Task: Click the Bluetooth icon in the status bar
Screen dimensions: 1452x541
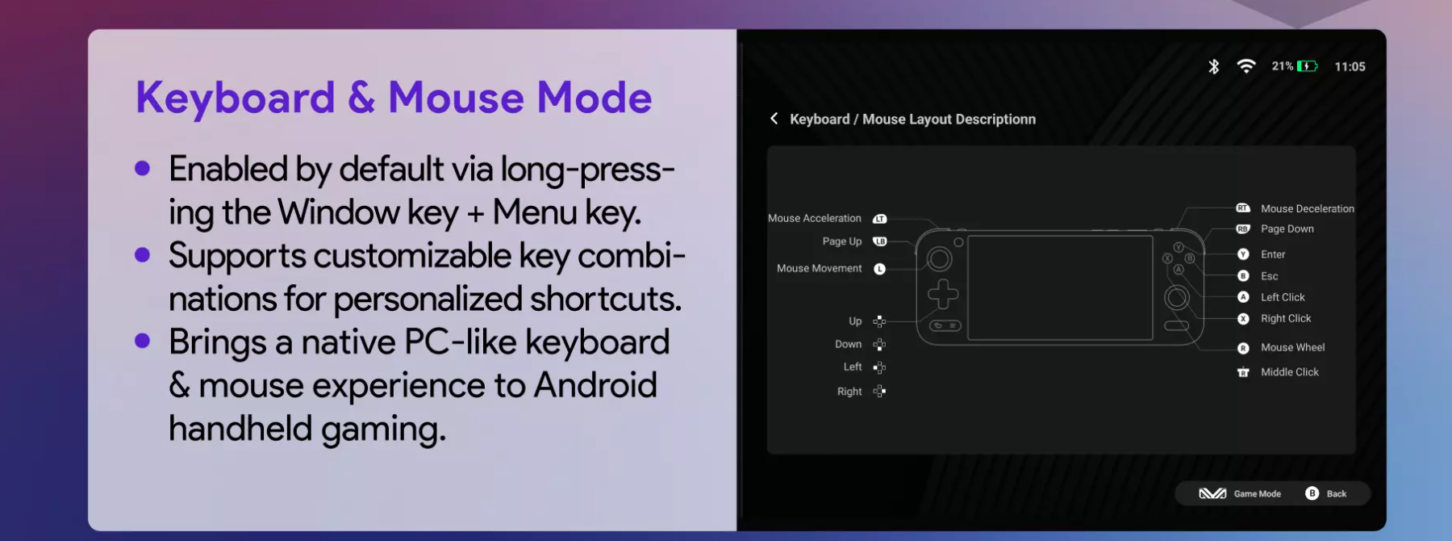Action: tap(1213, 66)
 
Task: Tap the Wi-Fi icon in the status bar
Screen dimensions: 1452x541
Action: tap(1246, 66)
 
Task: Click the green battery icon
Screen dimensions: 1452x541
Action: tap(1307, 66)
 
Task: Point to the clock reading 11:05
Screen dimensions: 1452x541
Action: tap(1350, 67)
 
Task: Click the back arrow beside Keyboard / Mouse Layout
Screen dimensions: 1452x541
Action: tap(774, 119)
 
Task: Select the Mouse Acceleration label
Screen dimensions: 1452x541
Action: tap(815, 218)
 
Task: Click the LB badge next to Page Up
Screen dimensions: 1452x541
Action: tap(879, 241)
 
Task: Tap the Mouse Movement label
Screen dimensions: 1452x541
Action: tap(819, 268)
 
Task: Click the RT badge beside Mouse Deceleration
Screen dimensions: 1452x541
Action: tap(1243, 208)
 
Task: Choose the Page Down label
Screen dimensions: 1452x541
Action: tap(1287, 229)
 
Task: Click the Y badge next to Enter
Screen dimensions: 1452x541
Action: tap(1243, 254)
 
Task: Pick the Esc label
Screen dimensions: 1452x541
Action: tap(1270, 276)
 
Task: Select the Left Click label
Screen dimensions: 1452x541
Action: tap(1283, 297)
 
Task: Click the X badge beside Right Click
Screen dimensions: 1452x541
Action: tap(1243, 319)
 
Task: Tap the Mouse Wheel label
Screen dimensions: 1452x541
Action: tap(1292, 347)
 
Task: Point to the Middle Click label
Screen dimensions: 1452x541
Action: tap(1290, 372)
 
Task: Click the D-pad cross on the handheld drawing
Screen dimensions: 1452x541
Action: tap(943, 294)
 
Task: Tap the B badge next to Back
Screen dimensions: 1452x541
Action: tap(1312, 493)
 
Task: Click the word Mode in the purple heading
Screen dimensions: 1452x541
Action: tap(595, 98)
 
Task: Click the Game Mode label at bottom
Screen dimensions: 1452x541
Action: tap(1257, 494)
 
